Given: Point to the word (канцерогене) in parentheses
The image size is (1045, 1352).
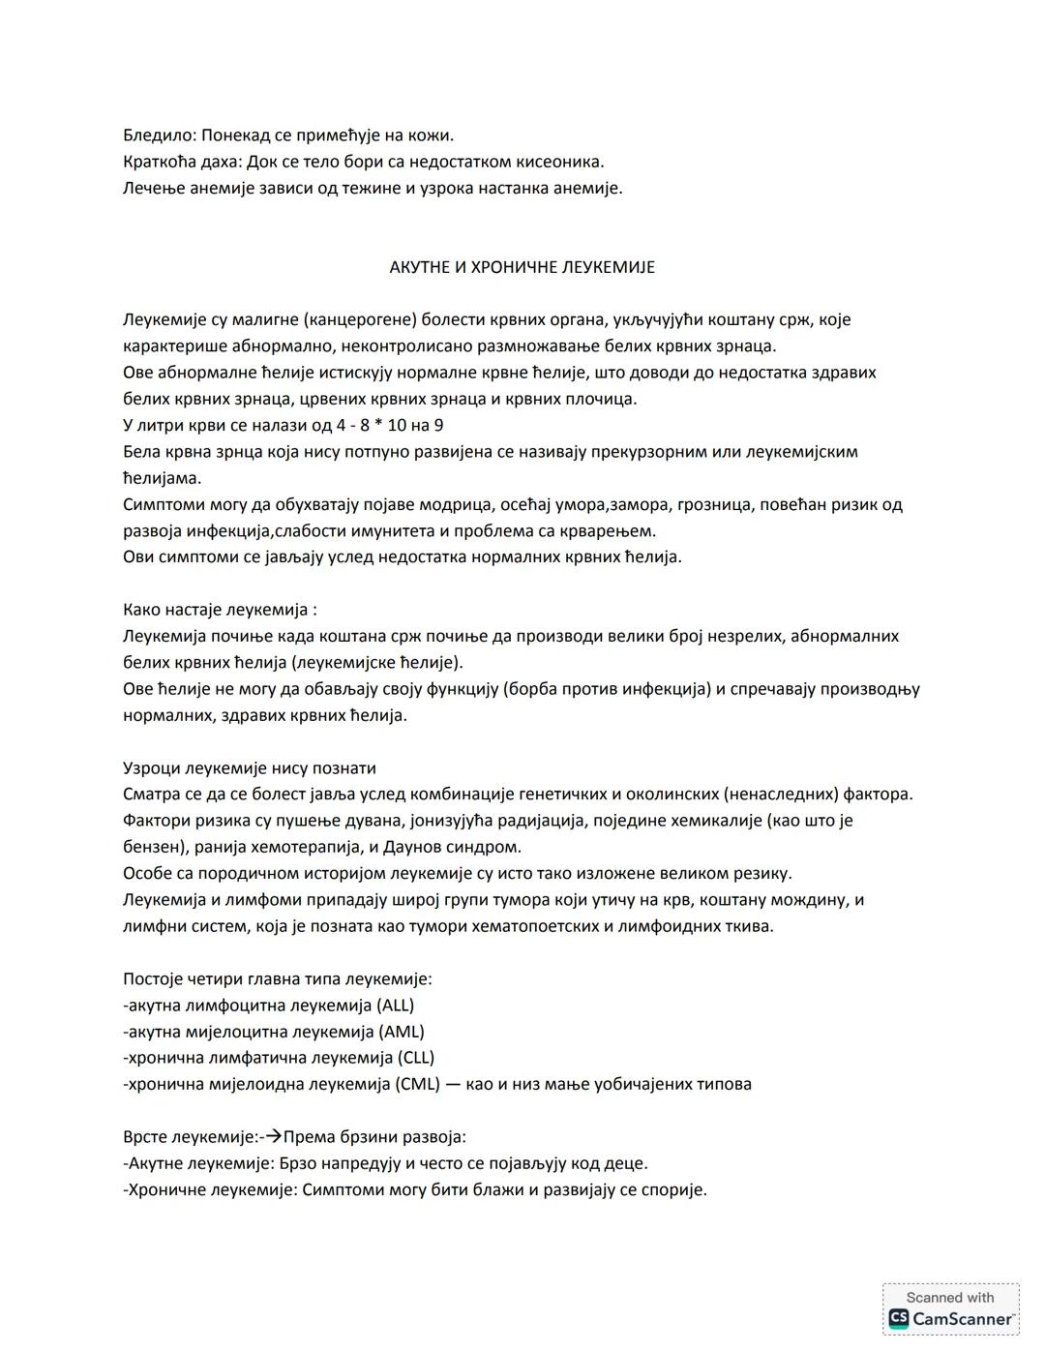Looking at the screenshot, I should [x=374, y=319].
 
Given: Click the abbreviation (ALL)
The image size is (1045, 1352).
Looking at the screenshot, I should [x=397, y=1005].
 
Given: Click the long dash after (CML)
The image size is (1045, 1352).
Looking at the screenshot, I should [x=453, y=1084].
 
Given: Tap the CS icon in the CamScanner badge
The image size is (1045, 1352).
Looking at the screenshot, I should [x=899, y=1318].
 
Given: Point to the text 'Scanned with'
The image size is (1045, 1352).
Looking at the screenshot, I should [x=950, y=1298].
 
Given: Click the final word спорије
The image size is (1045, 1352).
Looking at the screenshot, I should [x=674, y=1189].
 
